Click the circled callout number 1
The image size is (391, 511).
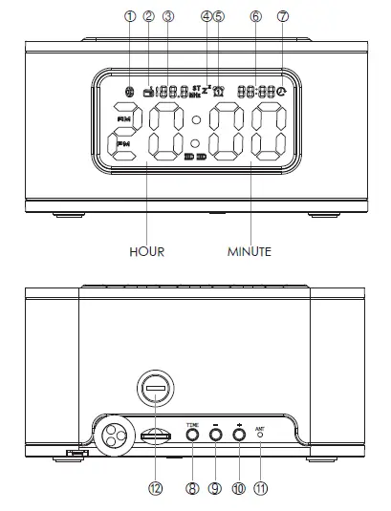coord(130,15)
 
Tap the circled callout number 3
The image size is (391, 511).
coord(168,15)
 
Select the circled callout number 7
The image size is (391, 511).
coord(282,15)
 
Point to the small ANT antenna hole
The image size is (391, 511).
coord(259,436)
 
